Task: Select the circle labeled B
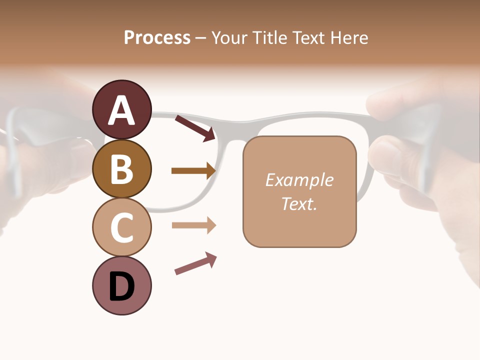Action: (x=121, y=168)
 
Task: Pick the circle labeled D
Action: (x=121, y=285)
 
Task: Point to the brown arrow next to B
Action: (x=193, y=171)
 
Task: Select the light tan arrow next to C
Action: (x=193, y=225)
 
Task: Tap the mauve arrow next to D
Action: (x=195, y=263)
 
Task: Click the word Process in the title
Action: (x=157, y=37)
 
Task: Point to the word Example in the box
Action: (x=299, y=180)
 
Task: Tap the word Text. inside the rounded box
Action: (x=299, y=203)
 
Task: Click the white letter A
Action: (x=121, y=110)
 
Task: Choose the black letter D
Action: (x=121, y=286)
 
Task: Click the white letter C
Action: (x=121, y=227)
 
